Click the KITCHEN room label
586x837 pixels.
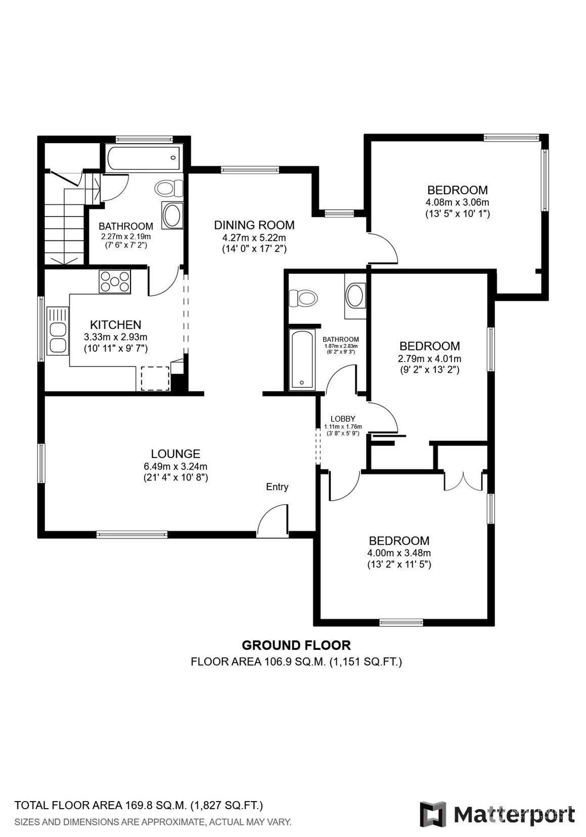tap(116, 324)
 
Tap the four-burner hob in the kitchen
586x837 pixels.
tap(115, 282)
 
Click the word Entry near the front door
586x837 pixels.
tap(277, 487)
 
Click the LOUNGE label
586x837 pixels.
tap(175, 454)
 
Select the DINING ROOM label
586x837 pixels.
tap(254, 225)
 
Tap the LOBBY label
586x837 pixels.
tap(343, 419)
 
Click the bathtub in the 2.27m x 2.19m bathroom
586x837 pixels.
tap(144, 158)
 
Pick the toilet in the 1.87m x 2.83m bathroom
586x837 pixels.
tap(303, 298)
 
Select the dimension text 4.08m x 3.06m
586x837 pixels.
tap(457, 202)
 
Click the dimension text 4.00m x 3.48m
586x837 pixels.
tap(399, 553)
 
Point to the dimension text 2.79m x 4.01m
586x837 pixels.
tap(429, 359)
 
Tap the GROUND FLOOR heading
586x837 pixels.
tap(296, 645)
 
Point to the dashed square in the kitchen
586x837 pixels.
tap(155, 378)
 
